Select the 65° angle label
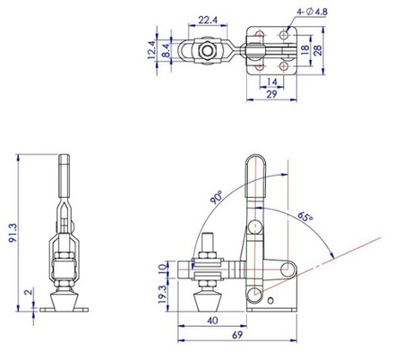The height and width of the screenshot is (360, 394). click(305, 217)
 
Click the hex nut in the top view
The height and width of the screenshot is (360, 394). click(207, 53)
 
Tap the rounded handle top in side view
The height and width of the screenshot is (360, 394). click(254, 163)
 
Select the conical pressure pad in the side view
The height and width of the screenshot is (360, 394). click(206, 295)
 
